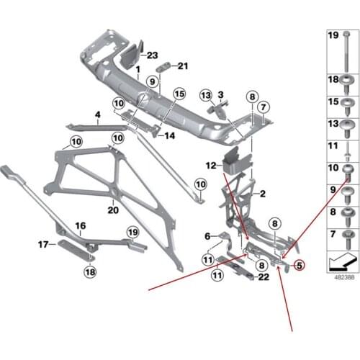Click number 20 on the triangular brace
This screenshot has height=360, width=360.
[x=112, y=210]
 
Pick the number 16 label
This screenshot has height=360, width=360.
[x=81, y=225]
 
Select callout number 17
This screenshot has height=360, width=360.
[x=42, y=245]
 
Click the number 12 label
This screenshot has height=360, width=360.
[x=209, y=166]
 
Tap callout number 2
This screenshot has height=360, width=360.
[x=263, y=194]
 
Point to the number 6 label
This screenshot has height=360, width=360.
[x=207, y=235]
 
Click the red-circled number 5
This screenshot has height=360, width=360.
[x=300, y=265]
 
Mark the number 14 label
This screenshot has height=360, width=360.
[x=170, y=135]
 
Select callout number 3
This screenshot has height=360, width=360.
[x=221, y=94]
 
